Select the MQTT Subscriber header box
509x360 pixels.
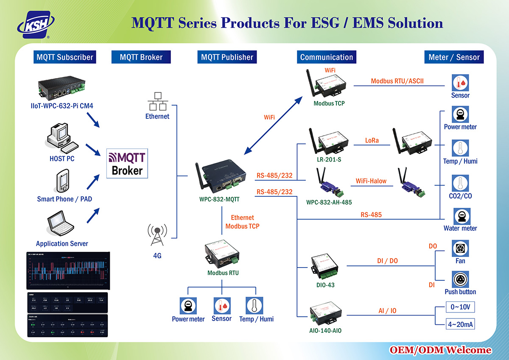pos(64,57)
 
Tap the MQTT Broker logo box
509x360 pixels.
pos(126,164)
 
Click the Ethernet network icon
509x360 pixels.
pos(157,101)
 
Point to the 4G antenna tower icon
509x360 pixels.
pos(157,236)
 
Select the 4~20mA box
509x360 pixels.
pos(460,325)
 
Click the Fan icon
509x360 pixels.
pos(460,248)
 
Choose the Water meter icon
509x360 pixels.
pos(460,216)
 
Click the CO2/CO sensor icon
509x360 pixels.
pos(460,183)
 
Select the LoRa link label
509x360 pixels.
pos(372,140)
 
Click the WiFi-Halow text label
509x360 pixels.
pos(371,181)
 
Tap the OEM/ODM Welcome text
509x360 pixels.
pos(441,350)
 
